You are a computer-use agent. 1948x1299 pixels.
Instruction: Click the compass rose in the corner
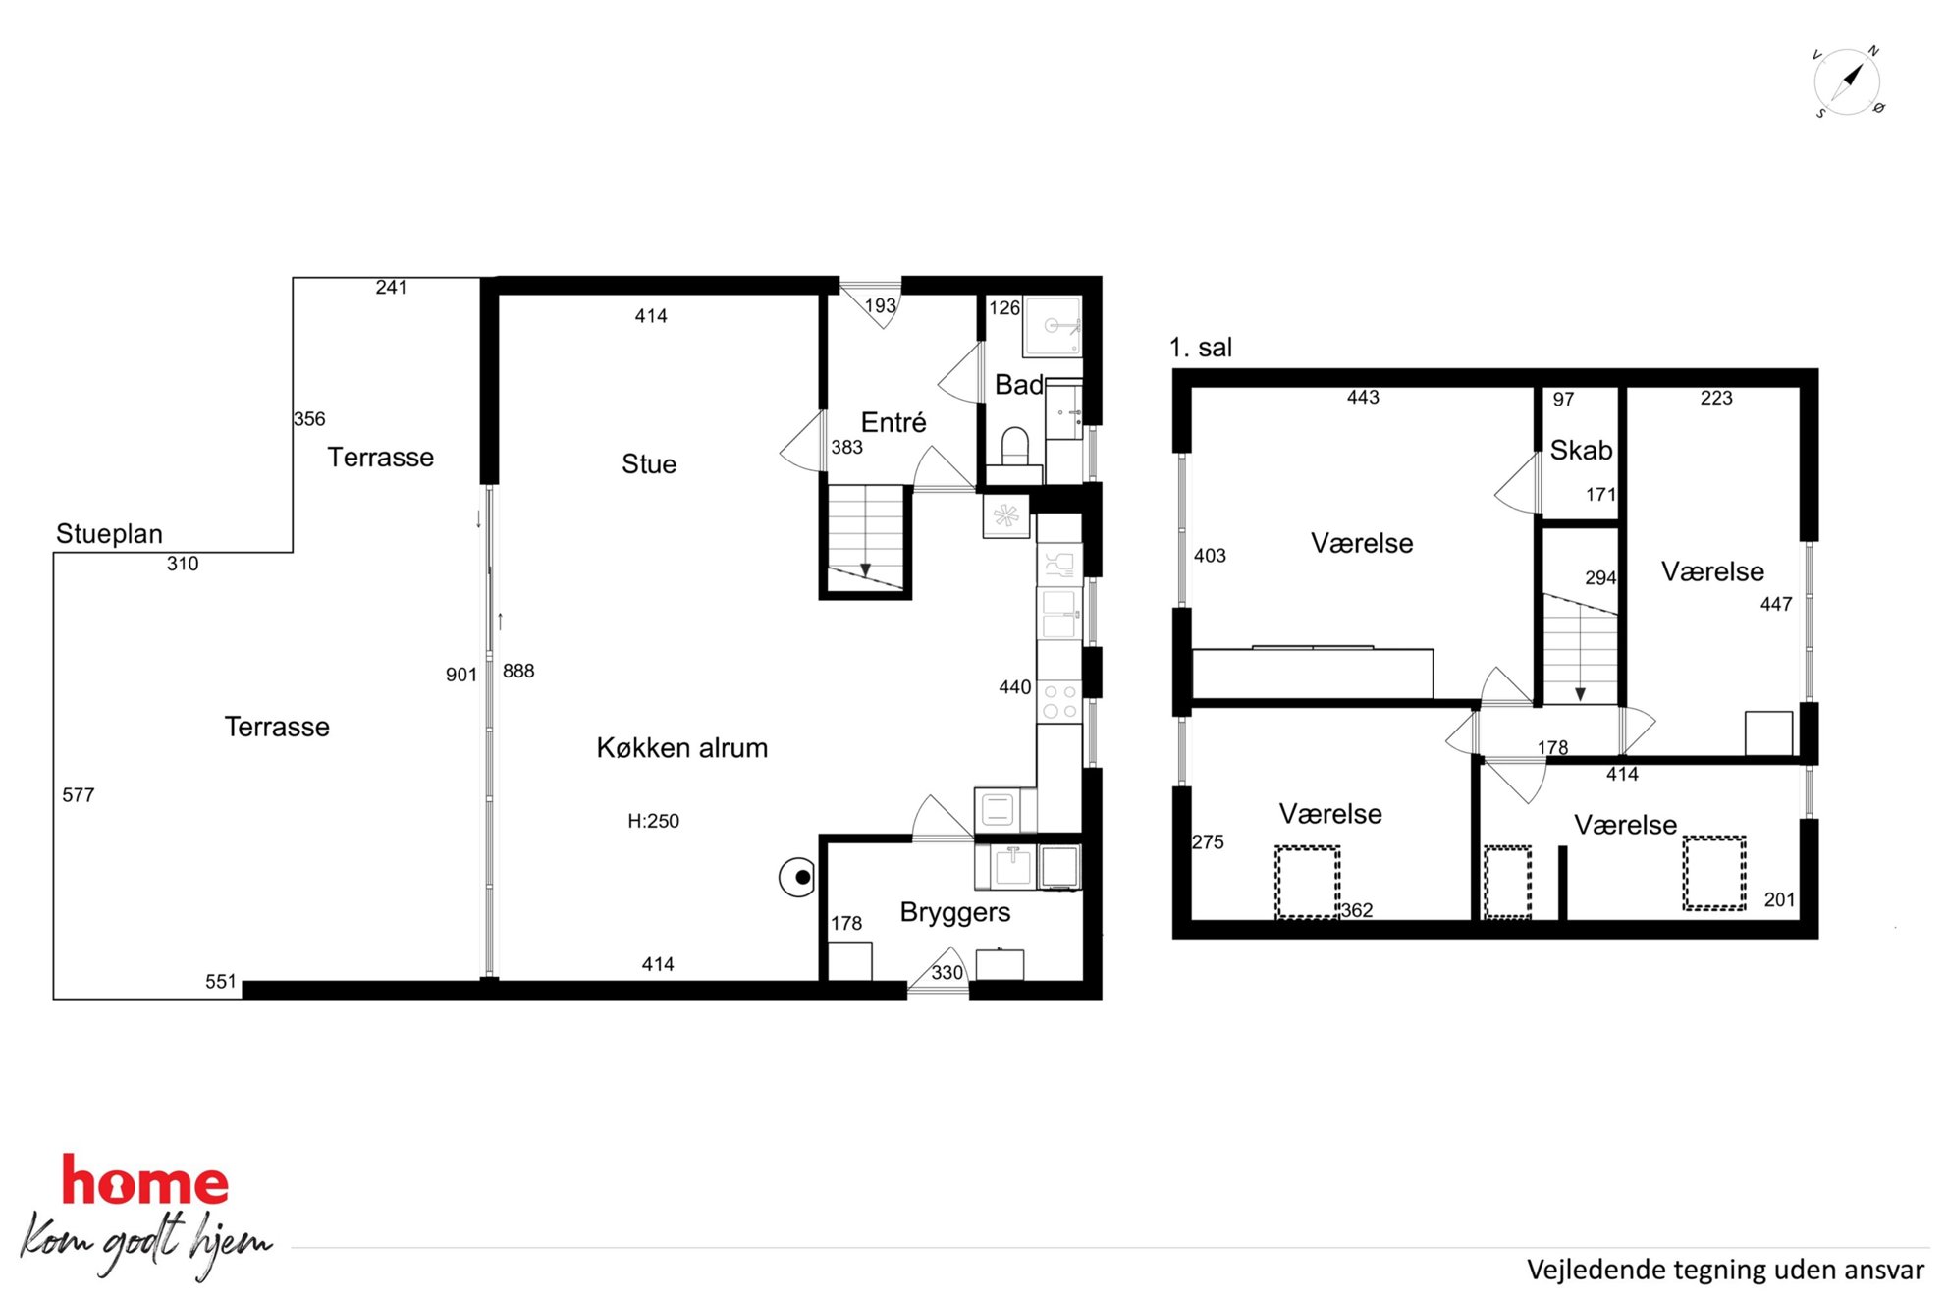1848,81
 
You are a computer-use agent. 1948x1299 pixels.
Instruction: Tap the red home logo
145,1180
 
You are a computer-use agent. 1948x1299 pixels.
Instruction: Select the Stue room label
649,463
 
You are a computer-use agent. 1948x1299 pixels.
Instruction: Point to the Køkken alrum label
682,748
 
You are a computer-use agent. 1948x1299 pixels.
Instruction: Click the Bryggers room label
955,913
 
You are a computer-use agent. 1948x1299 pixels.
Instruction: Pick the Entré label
893,422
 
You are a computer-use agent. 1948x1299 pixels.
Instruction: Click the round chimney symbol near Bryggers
797,878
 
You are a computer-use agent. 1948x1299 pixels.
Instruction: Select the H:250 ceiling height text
653,821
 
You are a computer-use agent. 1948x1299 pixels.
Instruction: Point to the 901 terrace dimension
461,675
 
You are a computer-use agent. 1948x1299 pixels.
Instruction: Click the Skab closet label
1581,450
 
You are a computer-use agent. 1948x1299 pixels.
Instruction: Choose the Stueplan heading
109,534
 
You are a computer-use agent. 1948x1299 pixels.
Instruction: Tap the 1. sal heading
1201,348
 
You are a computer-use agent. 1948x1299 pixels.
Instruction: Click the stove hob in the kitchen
1059,699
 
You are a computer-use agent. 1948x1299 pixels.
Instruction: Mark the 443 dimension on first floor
1363,397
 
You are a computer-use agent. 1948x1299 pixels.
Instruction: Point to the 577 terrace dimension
79,795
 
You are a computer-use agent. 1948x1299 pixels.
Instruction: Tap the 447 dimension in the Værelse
1776,604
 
